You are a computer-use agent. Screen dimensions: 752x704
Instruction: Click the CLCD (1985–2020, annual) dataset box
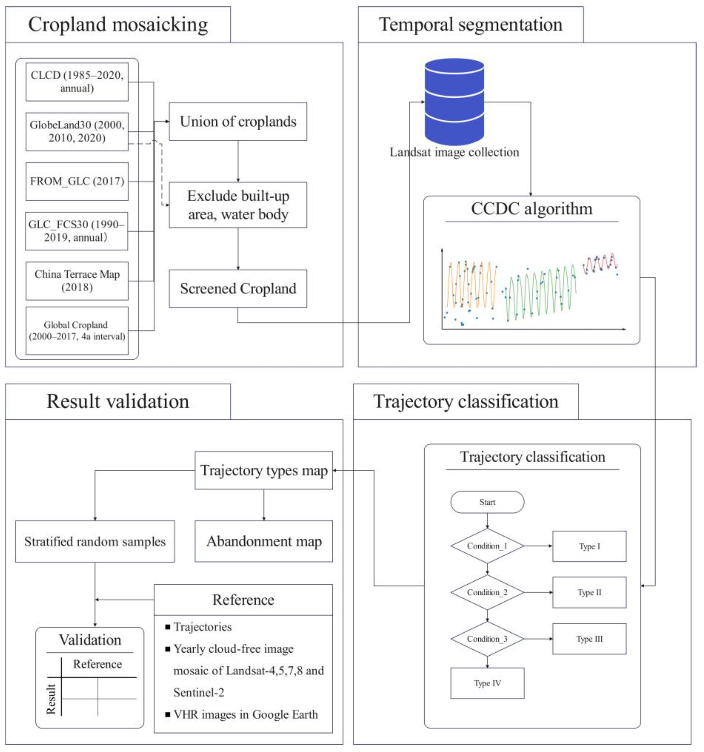tap(77, 82)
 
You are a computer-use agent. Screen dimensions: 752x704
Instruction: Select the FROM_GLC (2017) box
tap(77, 181)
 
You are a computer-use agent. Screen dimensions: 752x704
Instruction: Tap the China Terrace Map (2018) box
tap(77, 281)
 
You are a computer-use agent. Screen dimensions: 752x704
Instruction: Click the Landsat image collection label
tap(454, 152)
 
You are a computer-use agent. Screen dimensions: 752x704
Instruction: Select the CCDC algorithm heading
tap(531, 209)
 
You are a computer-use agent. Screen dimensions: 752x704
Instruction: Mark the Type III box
tap(589, 639)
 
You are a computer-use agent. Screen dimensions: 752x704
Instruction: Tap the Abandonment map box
tap(263, 541)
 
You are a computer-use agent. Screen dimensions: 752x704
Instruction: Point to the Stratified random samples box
tap(95, 541)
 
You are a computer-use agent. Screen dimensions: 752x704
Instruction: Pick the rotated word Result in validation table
tap(51, 699)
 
